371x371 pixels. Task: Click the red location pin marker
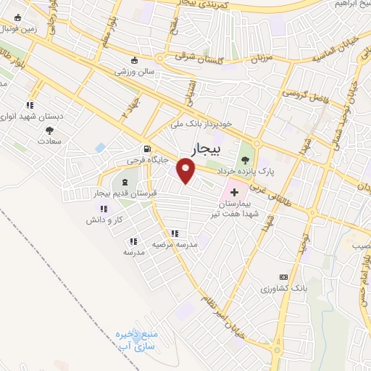(x=186, y=171)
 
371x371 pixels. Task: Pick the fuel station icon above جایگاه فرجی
(x=148, y=145)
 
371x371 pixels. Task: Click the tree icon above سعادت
(x=49, y=130)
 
